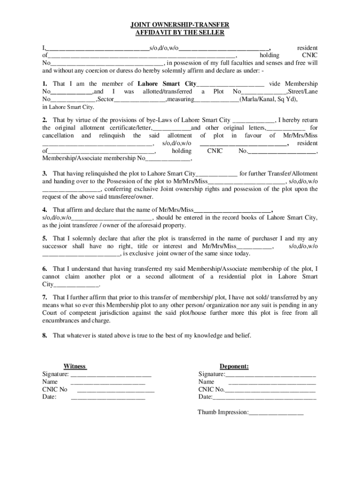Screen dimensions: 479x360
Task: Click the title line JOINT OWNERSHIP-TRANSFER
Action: [x=180, y=25]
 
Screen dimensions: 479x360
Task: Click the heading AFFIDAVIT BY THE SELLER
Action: [x=180, y=33]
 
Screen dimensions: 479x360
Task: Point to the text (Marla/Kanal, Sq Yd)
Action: [x=268, y=100]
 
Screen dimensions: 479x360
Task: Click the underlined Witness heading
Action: [x=75, y=366]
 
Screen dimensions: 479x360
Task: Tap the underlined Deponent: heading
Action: [x=234, y=366]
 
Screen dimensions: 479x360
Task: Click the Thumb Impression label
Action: [x=223, y=412]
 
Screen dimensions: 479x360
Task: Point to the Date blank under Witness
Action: [x=108, y=397]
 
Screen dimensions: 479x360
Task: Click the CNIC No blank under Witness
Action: [x=115, y=390]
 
